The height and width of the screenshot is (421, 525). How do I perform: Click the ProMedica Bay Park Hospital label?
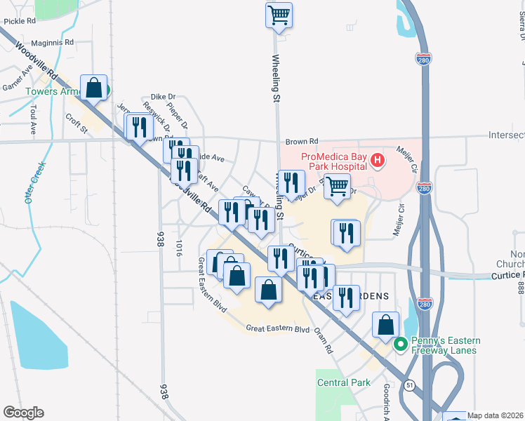334,161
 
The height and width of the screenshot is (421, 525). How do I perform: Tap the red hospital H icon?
378,161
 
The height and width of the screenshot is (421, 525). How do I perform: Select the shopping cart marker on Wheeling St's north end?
279,15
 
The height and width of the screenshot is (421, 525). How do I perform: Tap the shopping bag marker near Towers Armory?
94,88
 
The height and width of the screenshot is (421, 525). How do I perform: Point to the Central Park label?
343,382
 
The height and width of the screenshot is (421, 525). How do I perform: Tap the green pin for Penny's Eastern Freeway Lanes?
401,345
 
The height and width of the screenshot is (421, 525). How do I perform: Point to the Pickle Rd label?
19,21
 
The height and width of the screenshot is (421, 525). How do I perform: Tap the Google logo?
23,412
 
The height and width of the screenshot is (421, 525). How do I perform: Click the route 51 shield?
409,385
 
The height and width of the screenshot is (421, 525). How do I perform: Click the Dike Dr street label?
163,97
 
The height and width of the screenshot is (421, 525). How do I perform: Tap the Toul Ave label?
33,120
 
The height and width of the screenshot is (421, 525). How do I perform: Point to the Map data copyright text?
496,415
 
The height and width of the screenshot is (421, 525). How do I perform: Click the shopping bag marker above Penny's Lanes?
385,325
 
